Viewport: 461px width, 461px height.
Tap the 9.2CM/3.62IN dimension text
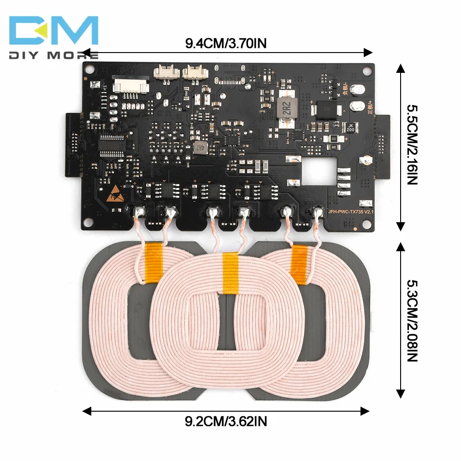click(226, 420)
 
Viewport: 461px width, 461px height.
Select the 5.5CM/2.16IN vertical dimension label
click(411, 144)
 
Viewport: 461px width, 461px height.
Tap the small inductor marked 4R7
click(199, 147)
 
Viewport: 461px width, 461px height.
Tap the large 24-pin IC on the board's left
click(111, 143)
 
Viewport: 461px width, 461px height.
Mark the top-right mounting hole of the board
click(366, 71)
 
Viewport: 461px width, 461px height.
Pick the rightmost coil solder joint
click(317, 213)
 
